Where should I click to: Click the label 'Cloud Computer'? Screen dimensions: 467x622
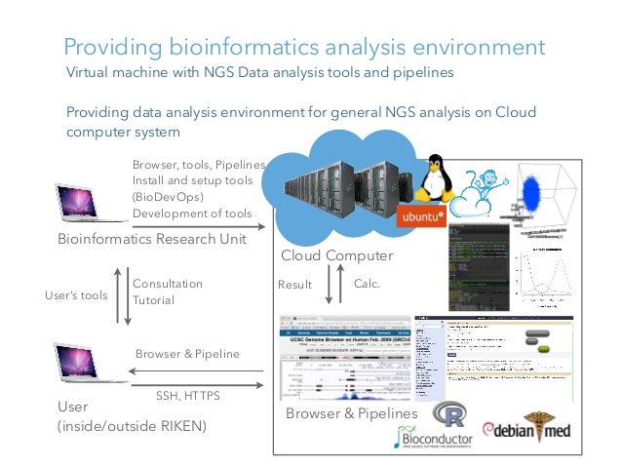click(336, 256)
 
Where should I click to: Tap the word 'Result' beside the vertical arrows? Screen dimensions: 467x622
click(294, 286)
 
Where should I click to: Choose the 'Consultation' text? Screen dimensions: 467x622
click(167, 284)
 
